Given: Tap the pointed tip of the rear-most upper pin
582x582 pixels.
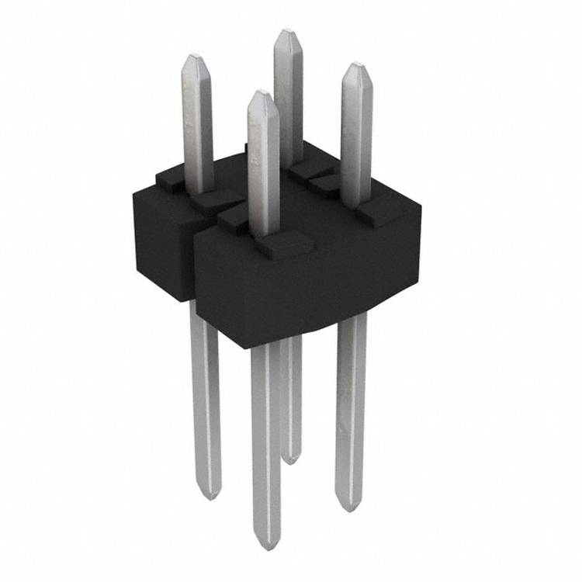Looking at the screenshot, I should [287, 32].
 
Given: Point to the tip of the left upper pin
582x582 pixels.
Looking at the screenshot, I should [195, 57].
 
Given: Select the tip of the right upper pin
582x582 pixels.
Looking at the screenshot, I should [355, 66].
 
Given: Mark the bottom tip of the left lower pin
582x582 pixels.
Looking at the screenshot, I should [209, 497].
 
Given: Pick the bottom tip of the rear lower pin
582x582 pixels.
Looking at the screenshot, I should [291, 462].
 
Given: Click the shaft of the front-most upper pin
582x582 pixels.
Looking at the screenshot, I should [263, 171].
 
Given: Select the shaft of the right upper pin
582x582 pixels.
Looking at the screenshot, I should [356, 140].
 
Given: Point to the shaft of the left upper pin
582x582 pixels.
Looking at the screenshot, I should [198, 124].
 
